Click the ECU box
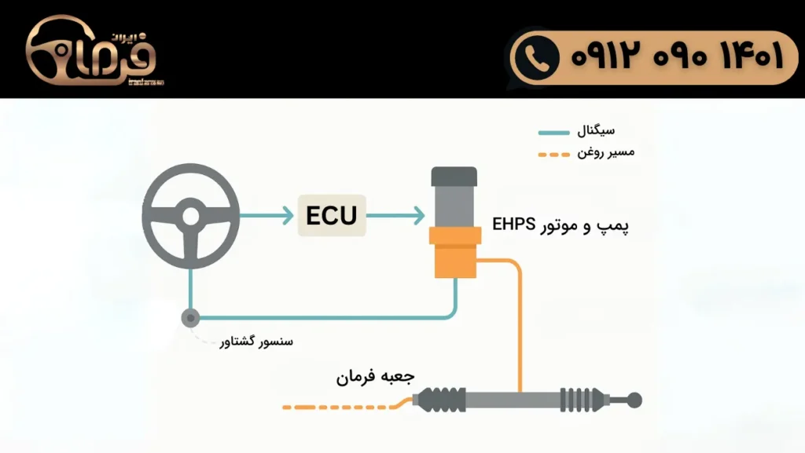[x=332, y=215]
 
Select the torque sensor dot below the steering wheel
[x=190, y=318]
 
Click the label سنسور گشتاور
[x=256, y=342]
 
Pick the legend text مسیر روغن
[x=605, y=152]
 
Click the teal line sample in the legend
[x=553, y=132]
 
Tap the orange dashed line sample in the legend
[x=553, y=153]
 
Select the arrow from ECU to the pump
[x=396, y=215]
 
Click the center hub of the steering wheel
[x=190, y=214]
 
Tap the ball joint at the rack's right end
[x=634, y=400]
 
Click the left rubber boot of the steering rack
[x=439, y=400]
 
